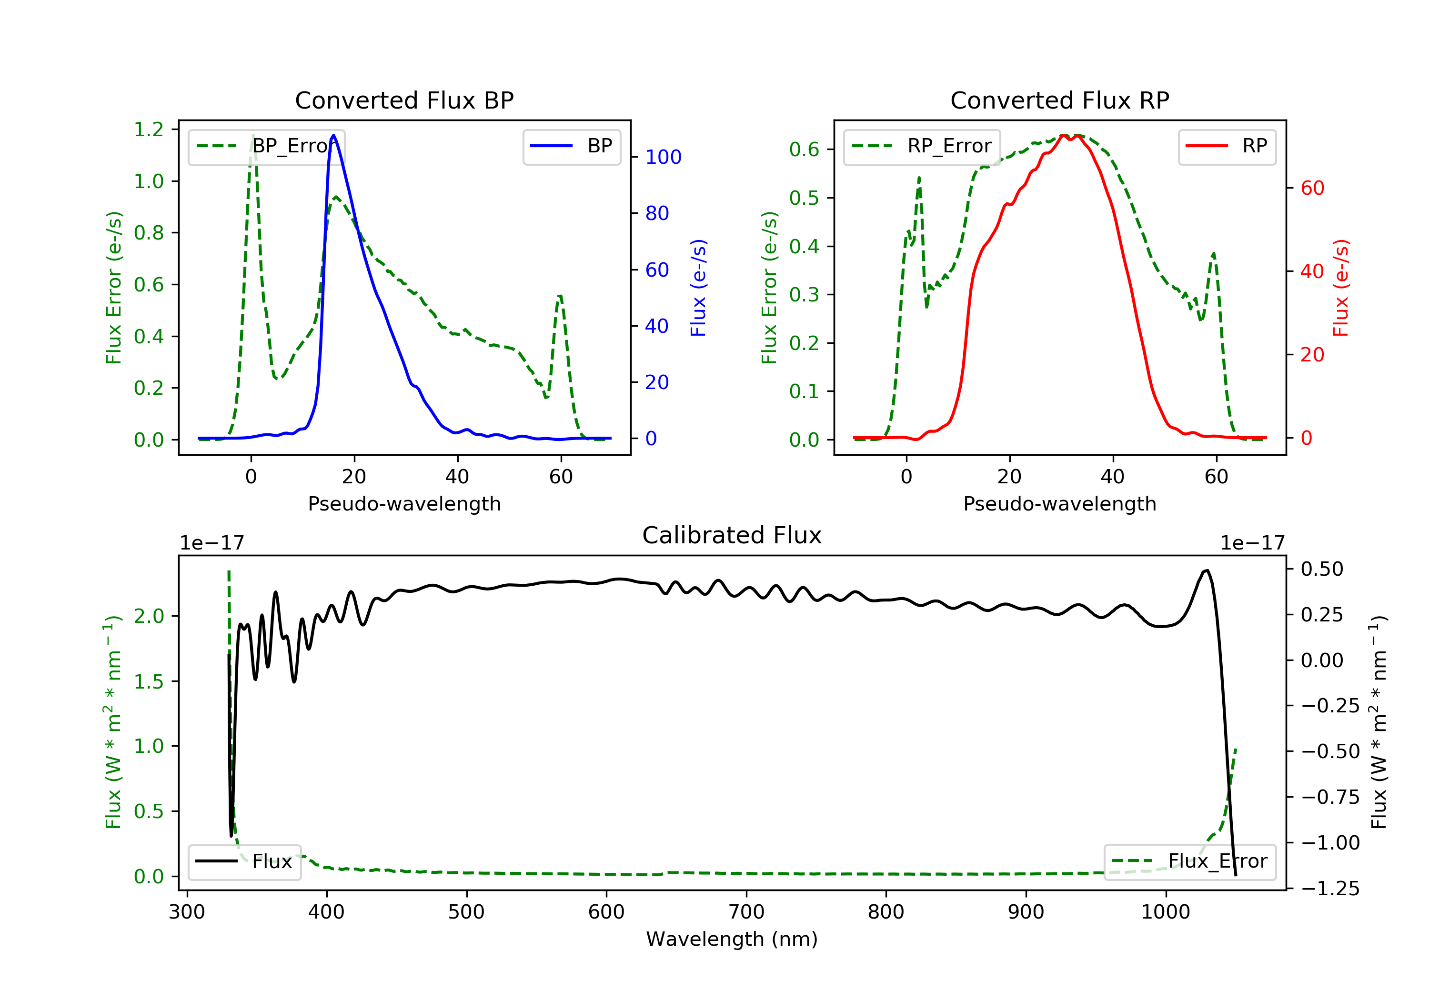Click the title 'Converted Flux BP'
tap(404, 100)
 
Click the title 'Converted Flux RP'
tap(1059, 100)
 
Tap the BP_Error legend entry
tap(266, 146)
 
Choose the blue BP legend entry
tap(571, 146)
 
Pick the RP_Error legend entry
tap(922, 146)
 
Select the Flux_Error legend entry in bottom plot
tap(1189, 861)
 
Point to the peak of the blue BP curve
tap(333, 135)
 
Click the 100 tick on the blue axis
tap(663, 157)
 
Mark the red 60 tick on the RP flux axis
tap(1312, 188)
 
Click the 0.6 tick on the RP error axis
tap(804, 150)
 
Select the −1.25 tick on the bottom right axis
tap(1330, 888)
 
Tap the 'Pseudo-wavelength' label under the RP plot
tap(1059, 503)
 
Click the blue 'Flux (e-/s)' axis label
tap(698, 288)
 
